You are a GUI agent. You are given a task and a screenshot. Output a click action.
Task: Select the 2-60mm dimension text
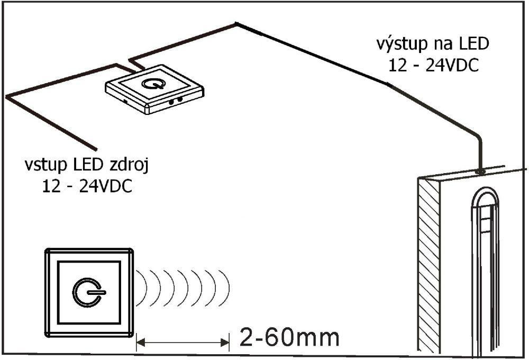click(289, 337)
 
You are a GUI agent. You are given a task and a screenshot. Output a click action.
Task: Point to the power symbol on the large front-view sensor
click(89, 292)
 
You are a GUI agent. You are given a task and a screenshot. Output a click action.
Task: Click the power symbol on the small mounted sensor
click(154, 83)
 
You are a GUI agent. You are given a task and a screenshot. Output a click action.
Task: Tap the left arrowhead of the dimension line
click(140, 343)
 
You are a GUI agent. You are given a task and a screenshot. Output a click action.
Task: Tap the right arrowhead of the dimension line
click(225, 343)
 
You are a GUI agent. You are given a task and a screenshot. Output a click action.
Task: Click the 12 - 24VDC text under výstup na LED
click(434, 66)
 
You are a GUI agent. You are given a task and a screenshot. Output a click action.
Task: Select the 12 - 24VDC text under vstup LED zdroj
click(87, 186)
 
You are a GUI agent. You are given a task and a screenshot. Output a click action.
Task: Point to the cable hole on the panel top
click(479, 172)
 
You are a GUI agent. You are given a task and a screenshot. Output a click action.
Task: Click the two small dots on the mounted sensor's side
click(176, 100)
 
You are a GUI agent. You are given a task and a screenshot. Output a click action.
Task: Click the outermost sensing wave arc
click(225, 288)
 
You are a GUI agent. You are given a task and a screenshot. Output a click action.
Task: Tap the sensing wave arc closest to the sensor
click(142, 288)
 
